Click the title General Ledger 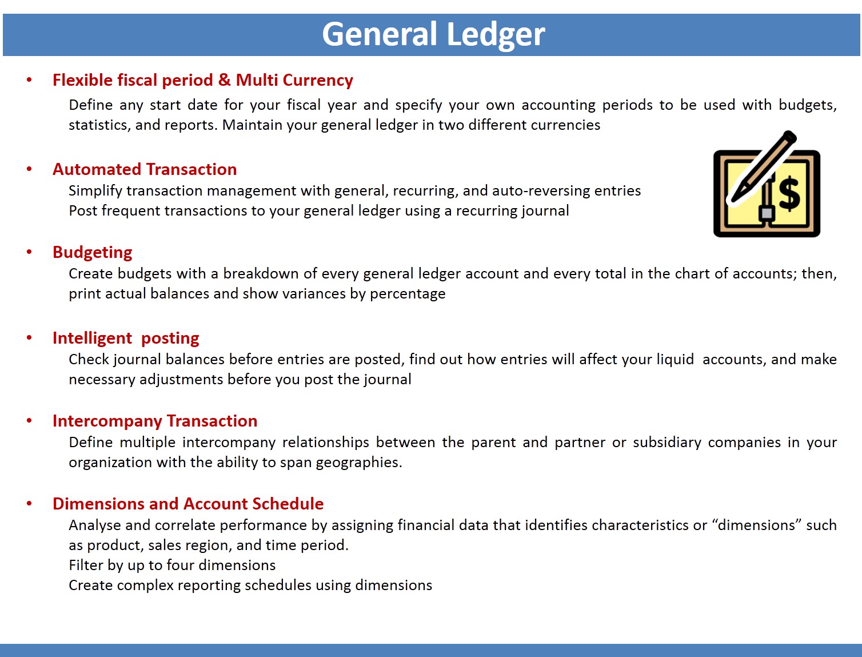(433, 34)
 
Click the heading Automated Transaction (145, 169)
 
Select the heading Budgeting (92, 253)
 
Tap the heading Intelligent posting (126, 338)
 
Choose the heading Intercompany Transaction (155, 421)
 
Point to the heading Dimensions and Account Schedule (188, 504)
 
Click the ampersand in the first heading (224, 79)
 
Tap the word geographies (359, 463)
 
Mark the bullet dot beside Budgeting (29, 252)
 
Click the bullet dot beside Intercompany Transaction (29, 421)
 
